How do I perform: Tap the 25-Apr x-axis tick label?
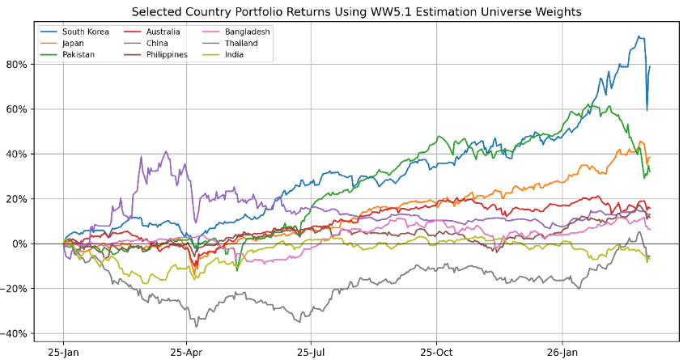187,353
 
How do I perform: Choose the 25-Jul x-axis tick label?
312,353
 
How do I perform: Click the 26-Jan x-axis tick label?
562,353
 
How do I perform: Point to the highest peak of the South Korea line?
639,36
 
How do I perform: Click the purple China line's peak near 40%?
166,151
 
